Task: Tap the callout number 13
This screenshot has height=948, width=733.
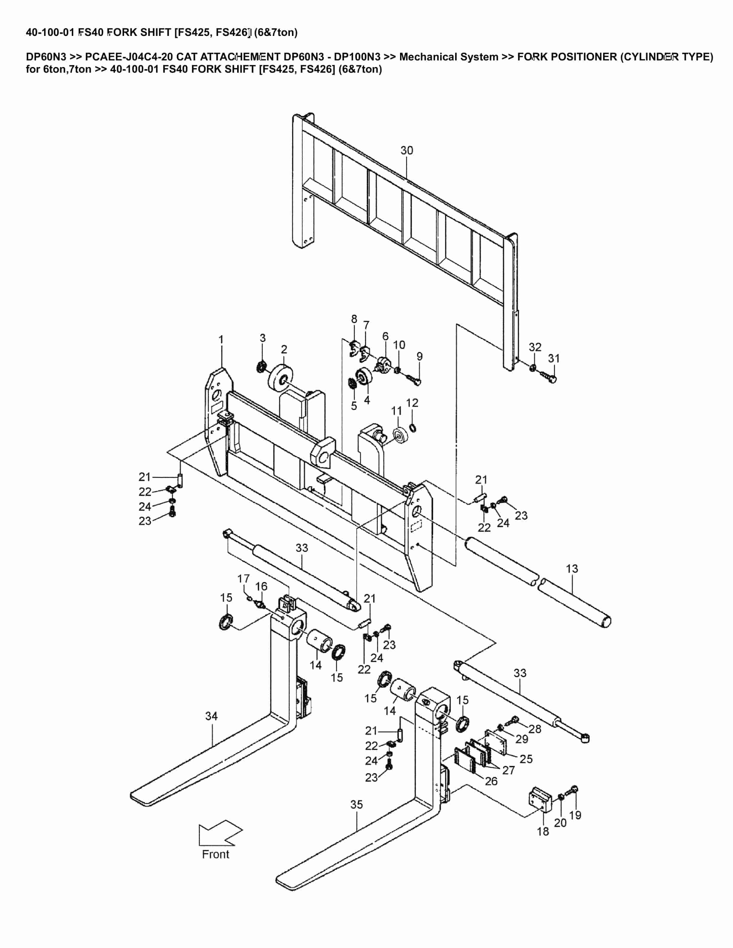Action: (x=572, y=569)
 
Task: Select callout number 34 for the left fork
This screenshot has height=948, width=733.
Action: (x=211, y=716)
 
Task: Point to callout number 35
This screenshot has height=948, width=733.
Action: (x=357, y=805)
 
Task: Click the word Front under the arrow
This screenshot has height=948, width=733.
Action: (x=215, y=854)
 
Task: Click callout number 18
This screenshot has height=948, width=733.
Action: (x=543, y=832)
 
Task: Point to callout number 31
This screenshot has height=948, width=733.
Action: (x=554, y=358)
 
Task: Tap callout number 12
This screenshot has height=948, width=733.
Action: (x=412, y=403)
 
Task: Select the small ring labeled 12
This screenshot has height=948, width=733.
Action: (x=413, y=429)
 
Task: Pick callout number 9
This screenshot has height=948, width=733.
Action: (x=419, y=356)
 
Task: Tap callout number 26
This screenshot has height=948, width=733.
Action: (x=491, y=781)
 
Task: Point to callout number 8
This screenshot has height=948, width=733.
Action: (x=354, y=319)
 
